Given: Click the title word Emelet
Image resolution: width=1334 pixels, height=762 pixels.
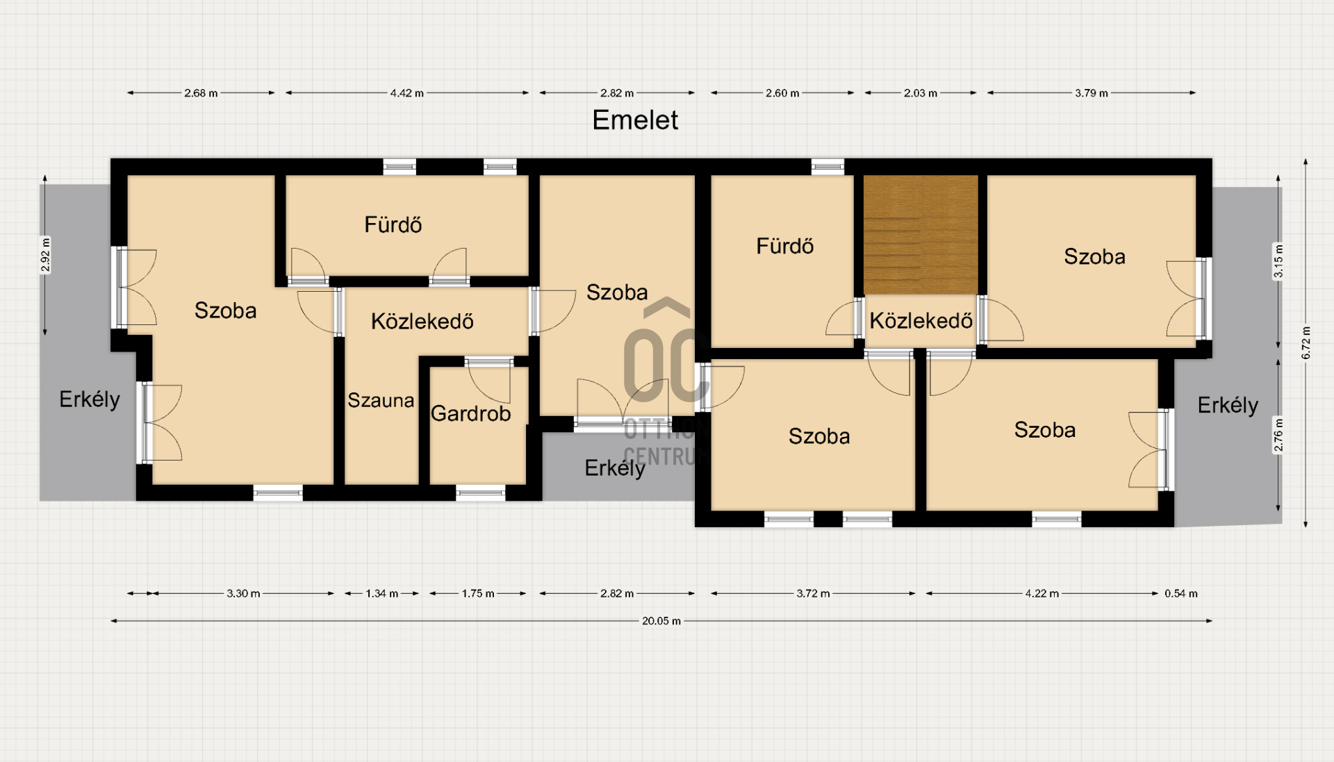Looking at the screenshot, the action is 635,120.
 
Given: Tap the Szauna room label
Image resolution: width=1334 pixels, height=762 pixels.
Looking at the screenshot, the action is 381,400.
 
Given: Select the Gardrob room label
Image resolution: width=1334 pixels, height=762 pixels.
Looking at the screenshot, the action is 471,413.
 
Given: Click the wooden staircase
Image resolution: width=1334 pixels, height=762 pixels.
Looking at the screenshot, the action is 921,235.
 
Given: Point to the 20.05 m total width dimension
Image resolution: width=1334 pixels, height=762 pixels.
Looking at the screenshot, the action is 661,621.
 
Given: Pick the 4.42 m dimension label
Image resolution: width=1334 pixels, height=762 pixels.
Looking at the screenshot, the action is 407,93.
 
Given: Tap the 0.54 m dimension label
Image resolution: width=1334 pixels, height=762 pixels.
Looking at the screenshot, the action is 1181,594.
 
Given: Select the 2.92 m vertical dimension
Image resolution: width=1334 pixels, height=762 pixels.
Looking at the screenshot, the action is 46,255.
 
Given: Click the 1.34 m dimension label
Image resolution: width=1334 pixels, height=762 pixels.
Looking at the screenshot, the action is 382,594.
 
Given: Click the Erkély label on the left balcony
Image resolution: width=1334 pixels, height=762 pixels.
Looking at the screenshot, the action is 90,399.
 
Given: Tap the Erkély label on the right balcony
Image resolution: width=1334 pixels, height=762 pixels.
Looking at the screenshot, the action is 1228,406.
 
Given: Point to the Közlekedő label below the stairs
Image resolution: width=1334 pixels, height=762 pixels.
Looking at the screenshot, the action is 921,321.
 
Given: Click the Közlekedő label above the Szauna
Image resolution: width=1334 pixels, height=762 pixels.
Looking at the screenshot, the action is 422,322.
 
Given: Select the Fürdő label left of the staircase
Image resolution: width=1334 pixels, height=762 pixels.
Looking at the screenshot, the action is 785,246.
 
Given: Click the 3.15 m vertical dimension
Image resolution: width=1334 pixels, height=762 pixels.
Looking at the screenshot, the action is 1278,261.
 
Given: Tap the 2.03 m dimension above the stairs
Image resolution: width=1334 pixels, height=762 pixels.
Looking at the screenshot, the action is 921,93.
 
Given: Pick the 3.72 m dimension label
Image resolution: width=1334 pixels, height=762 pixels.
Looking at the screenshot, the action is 813,594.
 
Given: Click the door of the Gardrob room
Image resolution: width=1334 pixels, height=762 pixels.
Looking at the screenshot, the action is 489,379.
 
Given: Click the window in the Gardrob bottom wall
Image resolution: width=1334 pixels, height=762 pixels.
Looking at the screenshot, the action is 481,493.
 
